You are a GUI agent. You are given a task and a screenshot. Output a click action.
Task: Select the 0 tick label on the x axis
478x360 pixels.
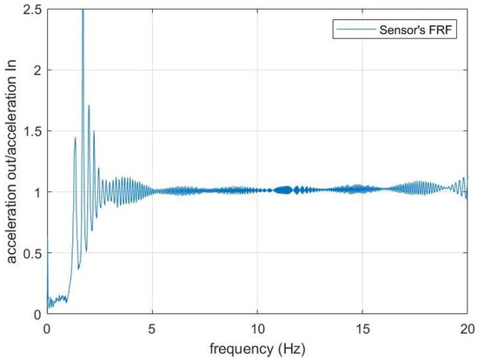point(47,330)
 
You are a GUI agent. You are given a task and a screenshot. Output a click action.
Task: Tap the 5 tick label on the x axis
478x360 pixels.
point(152,330)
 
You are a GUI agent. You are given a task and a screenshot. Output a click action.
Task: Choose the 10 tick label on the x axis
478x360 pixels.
point(257,330)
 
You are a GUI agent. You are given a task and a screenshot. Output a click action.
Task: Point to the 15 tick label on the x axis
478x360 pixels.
point(362,330)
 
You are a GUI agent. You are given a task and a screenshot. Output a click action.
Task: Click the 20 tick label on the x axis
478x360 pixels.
point(467,330)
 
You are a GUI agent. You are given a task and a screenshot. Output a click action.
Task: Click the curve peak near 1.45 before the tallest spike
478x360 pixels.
point(76,137)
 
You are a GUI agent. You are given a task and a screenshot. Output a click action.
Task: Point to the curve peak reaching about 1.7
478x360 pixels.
point(89,107)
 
